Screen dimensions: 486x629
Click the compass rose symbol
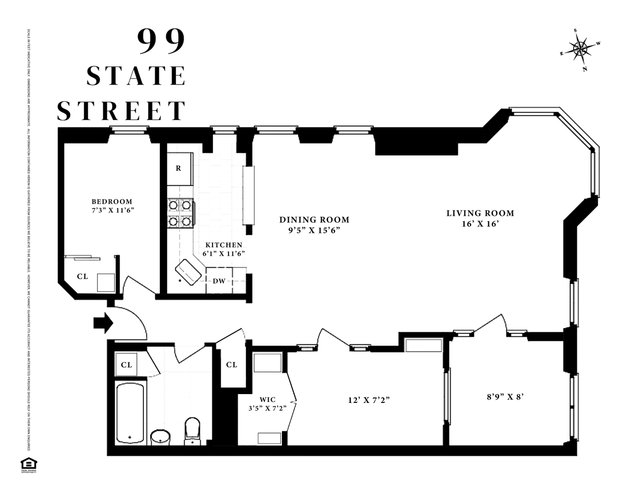point(580,49)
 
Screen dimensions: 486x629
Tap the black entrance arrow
point(103,322)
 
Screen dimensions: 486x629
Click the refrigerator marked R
point(179,169)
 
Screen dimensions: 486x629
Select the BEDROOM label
point(112,202)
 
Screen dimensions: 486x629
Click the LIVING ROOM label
point(480,213)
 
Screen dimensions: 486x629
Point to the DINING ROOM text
point(314,220)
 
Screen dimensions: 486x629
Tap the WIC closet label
point(267,399)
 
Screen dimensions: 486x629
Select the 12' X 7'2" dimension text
point(369,400)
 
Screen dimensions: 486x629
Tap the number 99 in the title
point(162,41)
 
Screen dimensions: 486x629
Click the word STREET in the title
point(122,111)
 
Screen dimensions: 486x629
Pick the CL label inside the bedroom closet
point(83,277)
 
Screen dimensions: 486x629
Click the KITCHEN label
point(224,245)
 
